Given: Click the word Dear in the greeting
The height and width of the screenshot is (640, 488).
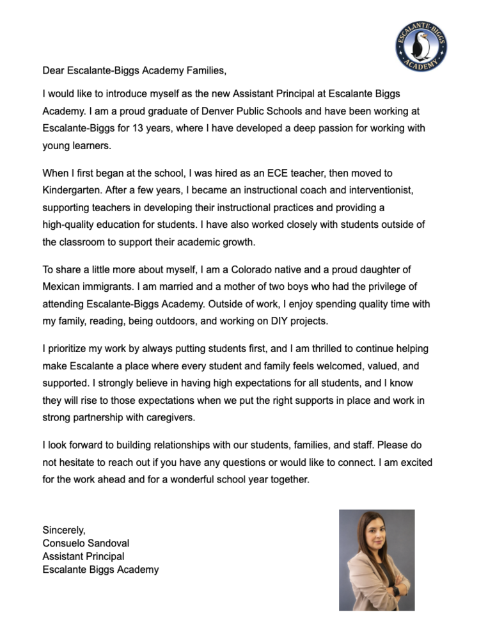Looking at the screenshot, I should (54, 69).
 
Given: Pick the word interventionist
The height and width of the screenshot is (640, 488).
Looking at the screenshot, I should (358, 191).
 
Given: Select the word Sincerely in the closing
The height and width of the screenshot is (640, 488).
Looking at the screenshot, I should (64, 530).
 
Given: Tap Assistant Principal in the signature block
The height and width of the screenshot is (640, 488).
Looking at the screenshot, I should (83, 557).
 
